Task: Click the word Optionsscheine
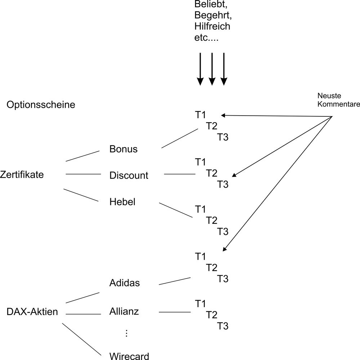pyautogui.click(x=41, y=105)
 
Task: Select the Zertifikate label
pyautogui.click(x=27, y=175)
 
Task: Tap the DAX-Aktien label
pyautogui.click(x=32, y=312)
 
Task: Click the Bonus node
pyautogui.click(x=123, y=149)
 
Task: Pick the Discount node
pyautogui.click(x=129, y=175)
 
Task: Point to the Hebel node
pyautogui.click(x=122, y=202)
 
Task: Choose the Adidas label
pyautogui.click(x=124, y=283)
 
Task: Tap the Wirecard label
pyautogui.click(x=129, y=356)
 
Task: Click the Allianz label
pyautogui.click(x=124, y=311)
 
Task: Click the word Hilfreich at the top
pyautogui.click(x=212, y=26)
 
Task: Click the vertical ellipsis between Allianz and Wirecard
pyautogui.click(x=126, y=334)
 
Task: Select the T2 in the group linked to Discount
pyautogui.click(x=212, y=173)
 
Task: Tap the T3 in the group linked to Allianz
pyautogui.click(x=222, y=326)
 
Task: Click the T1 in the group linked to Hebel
pyautogui.click(x=200, y=209)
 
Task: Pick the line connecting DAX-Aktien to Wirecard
pyautogui.click(x=81, y=339)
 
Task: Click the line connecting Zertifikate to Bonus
pyautogui.click(x=83, y=156)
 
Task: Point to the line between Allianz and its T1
pyautogui.click(x=174, y=312)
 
